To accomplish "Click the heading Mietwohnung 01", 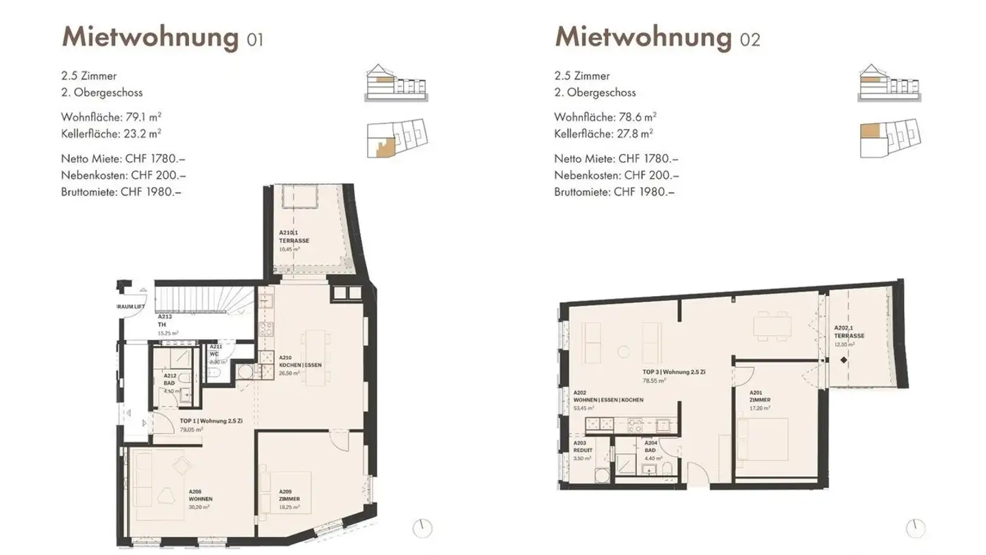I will tap(162, 37).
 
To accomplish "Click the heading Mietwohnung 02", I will tap(657, 37).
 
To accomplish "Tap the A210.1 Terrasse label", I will tap(294, 237).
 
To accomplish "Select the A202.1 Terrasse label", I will tap(849, 332).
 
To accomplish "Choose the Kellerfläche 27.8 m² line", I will tap(603, 134).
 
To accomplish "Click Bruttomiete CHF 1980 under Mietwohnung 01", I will tap(121, 192).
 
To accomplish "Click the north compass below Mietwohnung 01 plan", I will tap(422, 528).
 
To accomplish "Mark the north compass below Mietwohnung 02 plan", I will tap(915, 528).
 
